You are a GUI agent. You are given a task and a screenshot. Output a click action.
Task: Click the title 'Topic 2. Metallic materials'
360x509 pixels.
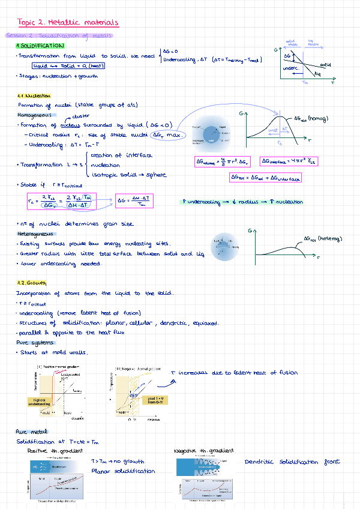coord(68,23)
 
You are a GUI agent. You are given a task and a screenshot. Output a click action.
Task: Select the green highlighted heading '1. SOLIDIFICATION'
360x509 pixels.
coord(40,46)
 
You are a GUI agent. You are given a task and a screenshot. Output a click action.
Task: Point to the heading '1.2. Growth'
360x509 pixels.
coord(31,283)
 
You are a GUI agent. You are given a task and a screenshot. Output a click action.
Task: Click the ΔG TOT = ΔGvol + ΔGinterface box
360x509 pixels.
coord(266,178)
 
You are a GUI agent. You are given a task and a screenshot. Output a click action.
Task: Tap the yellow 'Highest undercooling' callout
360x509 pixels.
coord(40,401)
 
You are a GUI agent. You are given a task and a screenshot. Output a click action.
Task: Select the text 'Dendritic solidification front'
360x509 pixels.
coord(292,461)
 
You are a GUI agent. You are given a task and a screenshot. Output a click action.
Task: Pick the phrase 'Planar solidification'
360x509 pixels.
coord(122,471)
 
